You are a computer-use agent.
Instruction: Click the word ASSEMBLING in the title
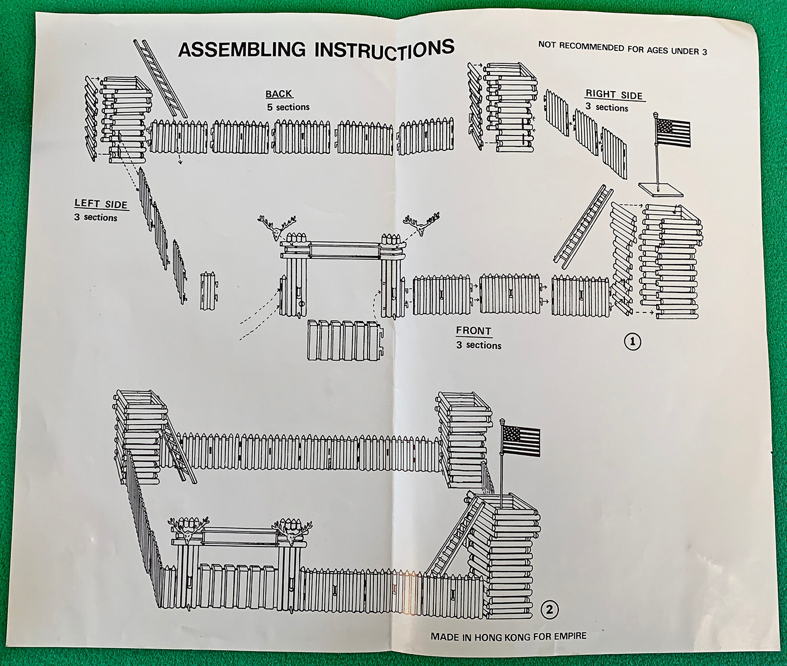(x=241, y=51)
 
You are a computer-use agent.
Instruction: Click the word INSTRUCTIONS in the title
(x=384, y=48)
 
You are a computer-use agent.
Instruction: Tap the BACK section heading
(x=279, y=94)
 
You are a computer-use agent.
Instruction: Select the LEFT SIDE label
(x=101, y=204)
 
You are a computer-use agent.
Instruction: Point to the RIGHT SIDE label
(x=614, y=95)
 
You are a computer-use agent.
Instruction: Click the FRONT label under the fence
(x=473, y=331)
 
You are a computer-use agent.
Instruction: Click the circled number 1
(x=632, y=342)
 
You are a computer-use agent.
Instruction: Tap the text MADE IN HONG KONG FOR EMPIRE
(x=508, y=636)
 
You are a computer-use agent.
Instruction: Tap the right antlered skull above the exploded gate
(x=421, y=224)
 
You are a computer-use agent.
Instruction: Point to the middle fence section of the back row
(x=302, y=136)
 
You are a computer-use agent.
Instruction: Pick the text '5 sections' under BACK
(x=288, y=107)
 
